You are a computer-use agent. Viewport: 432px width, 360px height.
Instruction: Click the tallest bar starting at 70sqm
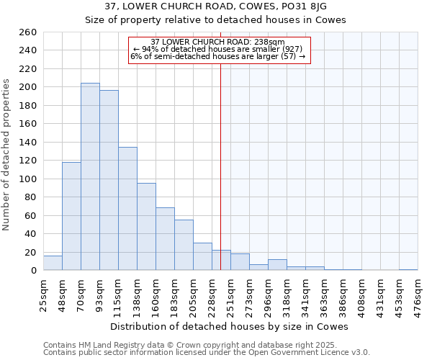click(90, 176)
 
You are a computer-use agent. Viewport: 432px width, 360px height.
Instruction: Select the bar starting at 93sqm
click(109, 180)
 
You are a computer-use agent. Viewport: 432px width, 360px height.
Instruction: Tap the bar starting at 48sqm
click(71, 216)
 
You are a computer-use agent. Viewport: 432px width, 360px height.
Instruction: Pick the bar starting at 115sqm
click(127, 209)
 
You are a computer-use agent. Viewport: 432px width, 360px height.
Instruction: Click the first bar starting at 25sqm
click(53, 263)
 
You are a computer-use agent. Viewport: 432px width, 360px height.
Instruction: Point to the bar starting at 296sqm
click(277, 265)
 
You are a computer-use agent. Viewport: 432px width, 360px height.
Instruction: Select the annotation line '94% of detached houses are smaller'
click(219, 49)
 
